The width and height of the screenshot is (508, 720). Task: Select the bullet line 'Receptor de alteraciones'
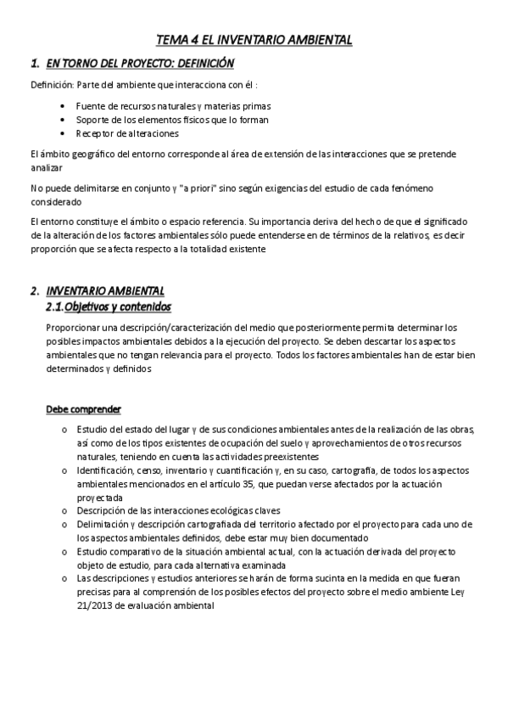tap(127, 133)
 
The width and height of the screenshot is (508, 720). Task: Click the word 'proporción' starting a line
tap(53, 249)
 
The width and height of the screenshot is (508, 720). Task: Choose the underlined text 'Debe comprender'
tap(83, 409)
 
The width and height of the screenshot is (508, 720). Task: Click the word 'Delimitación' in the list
tap(104, 524)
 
